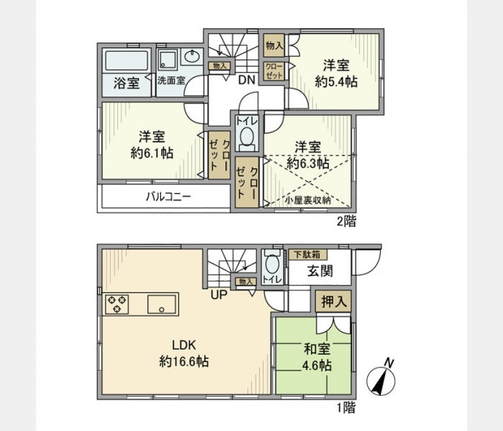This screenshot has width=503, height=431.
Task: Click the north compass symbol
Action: [381, 379]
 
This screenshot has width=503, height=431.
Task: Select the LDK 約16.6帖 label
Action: [184, 353]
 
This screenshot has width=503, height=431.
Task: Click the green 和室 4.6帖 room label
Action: [317, 357]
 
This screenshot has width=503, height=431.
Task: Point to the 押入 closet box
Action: [333, 302]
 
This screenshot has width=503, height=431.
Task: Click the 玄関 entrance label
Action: [320, 271]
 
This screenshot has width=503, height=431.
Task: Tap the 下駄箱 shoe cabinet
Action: [308, 254]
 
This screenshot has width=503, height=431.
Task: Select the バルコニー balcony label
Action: [168, 196]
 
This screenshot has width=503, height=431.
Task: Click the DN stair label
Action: [246, 80]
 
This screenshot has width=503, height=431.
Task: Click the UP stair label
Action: [218, 294]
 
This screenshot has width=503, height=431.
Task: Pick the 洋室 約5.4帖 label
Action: [336, 74]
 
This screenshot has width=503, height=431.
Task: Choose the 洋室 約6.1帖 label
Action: [152, 144]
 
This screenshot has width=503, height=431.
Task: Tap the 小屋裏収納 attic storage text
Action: [308, 200]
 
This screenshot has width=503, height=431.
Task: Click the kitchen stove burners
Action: [117, 304]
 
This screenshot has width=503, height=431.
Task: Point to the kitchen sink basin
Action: [162, 304]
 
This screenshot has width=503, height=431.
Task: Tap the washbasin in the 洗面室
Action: [192, 57]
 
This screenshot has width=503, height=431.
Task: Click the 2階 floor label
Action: [346, 221]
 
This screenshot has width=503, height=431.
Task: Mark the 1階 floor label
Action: [346, 407]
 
